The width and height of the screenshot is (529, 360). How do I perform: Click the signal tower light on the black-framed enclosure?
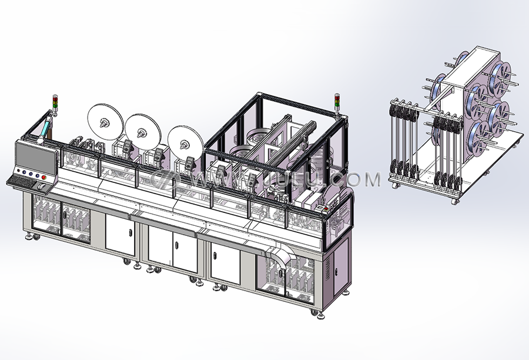[x=337, y=101]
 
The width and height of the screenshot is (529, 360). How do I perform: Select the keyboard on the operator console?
[x=21, y=182]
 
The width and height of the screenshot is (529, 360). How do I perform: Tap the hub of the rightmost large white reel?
[x=184, y=144]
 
